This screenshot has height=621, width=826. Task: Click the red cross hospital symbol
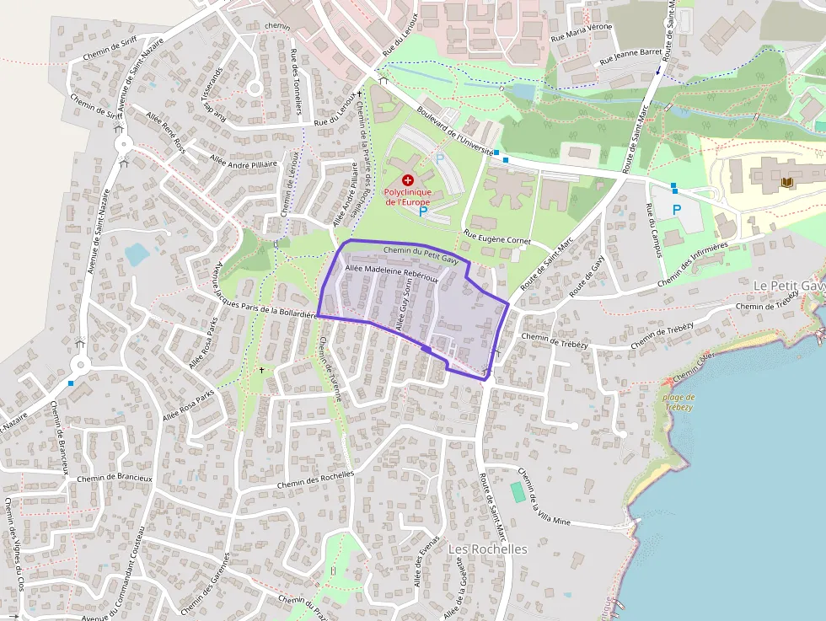(408, 180)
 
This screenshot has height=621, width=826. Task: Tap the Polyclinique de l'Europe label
(408, 196)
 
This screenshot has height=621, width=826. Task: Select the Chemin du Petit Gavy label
(420, 253)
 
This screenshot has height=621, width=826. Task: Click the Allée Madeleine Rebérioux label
(391, 273)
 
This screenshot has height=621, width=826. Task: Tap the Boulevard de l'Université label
(454, 133)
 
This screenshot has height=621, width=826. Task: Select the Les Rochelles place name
(488, 549)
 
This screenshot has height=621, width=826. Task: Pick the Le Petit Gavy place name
(788, 286)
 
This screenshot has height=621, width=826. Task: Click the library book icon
(787, 182)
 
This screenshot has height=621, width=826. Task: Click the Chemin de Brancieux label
(115, 477)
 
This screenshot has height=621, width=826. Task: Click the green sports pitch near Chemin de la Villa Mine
(518, 491)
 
